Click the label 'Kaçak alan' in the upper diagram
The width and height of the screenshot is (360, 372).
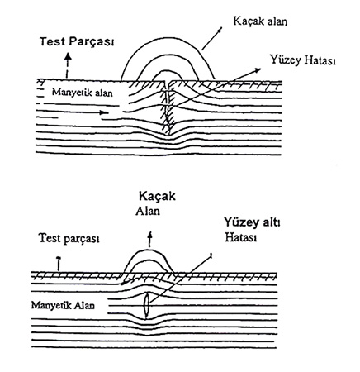click(x=260, y=21)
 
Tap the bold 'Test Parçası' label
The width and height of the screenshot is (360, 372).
click(x=77, y=41)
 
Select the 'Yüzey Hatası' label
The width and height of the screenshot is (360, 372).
click(x=302, y=60)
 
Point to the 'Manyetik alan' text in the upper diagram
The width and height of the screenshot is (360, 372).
click(x=83, y=92)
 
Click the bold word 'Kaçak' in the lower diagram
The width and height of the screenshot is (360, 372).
click(x=157, y=197)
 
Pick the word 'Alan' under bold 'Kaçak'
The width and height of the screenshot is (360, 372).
click(x=148, y=211)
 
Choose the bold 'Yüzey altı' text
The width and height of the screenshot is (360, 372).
click(x=252, y=222)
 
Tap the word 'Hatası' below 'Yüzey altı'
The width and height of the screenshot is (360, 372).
click(x=241, y=237)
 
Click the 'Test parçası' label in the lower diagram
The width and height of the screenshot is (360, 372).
click(x=69, y=238)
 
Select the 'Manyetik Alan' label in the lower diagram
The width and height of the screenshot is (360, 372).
click(x=63, y=305)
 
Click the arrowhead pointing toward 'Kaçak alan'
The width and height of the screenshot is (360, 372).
click(x=220, y=29)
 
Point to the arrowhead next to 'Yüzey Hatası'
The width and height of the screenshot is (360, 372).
click(x=258, y=70)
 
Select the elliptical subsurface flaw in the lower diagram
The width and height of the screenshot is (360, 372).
click(x=146, y=306)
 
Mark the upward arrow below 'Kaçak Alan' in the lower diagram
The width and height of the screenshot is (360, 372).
click(x=150, y=239)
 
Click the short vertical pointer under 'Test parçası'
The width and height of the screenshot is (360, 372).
click(x=58, y=263)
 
